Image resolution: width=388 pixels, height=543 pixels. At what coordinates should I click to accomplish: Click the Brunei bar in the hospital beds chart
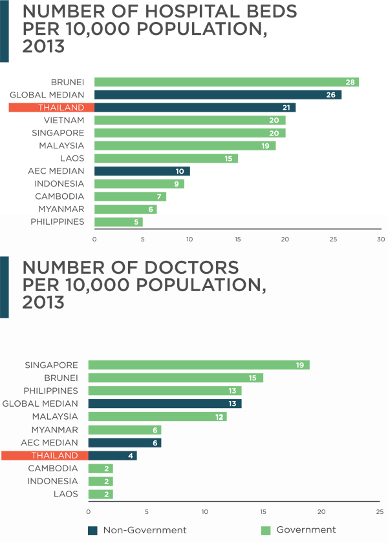pos(226,82)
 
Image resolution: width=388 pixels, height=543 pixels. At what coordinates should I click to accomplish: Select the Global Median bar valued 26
pos(217,95)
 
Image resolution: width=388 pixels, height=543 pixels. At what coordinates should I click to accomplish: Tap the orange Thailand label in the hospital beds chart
pos(47,108)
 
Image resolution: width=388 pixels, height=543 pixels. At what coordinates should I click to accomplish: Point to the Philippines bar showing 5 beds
pos(118,222)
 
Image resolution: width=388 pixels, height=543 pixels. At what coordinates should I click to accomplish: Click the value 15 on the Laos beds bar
pos(228,158)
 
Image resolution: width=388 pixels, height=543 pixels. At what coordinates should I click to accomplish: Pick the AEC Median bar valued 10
pos(142,171)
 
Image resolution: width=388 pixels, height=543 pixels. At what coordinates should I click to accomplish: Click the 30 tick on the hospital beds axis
pos(380,240)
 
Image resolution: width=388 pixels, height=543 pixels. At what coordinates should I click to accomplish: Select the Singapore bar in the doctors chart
pos(199,365)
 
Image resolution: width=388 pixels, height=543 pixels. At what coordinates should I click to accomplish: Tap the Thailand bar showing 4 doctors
pos(112,455)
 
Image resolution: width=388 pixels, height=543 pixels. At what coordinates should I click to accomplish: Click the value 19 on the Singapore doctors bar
pos(300,365)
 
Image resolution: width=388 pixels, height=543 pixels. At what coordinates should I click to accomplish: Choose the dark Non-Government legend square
pos(92,531)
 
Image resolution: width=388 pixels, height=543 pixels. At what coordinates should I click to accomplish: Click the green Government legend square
pos(265,531)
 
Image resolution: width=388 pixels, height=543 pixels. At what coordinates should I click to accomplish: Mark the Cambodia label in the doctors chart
pos(53,468)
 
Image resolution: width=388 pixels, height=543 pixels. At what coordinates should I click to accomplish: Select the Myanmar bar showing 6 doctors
pos(124,429)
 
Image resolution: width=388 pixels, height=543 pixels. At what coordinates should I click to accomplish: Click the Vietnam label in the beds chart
pos(64,120)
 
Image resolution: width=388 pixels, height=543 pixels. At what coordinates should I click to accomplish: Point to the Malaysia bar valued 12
pos(157,416)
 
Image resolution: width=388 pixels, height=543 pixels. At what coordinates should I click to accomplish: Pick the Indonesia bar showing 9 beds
pos(139,184)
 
